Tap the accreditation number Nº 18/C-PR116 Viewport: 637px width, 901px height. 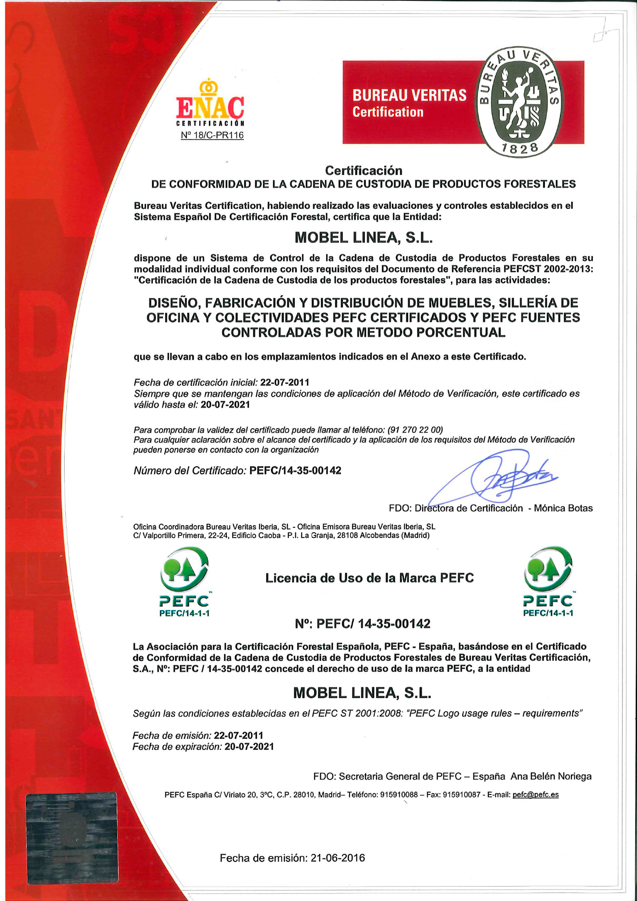(x=212, y=135)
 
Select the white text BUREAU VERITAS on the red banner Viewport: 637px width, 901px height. (x=409, y=95)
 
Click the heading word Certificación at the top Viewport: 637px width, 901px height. (x=364, y=170)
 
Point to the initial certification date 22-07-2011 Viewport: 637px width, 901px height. (x=285, y=382)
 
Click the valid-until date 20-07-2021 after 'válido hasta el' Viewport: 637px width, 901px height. (x=225, y=405)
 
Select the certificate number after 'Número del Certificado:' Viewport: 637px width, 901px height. (x=295, y=470)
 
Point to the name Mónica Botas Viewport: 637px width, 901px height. (x=563, y=508)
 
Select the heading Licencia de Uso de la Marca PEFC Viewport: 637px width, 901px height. (x=369, y=578)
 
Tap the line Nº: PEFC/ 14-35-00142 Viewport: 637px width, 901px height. (x=363, y=624)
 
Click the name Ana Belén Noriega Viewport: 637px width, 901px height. (x=551, y=776)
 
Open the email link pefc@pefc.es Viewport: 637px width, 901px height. (x=536, y=795)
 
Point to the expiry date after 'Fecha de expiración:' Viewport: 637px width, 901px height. (x=249, y=746)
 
